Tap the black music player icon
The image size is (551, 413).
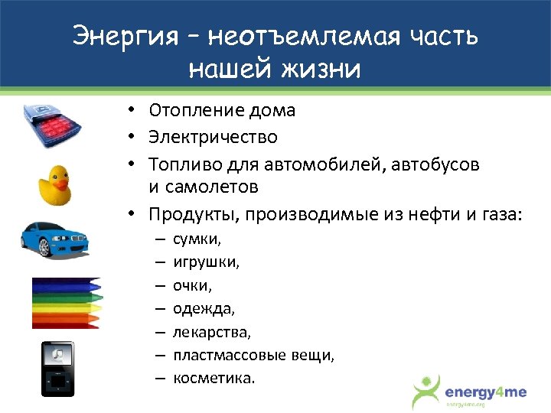58,369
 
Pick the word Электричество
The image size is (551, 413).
213,138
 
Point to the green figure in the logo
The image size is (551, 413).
425,390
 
